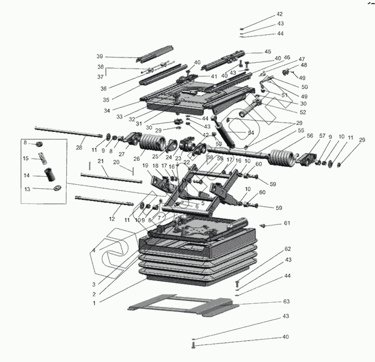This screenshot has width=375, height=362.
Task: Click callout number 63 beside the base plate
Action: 286,302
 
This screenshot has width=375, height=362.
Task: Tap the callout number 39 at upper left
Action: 100,56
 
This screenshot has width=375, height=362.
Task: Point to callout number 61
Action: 286,223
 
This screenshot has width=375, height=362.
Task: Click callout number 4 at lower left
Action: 93,250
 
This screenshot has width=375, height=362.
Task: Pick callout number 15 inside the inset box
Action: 26,159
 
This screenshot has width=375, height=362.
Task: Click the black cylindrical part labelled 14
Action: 49,174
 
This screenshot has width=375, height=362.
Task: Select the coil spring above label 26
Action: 153,142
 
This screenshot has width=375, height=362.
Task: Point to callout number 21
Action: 100,160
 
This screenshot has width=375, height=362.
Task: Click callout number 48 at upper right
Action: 304,65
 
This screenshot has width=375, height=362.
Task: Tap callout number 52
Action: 303,112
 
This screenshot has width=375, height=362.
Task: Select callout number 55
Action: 301,131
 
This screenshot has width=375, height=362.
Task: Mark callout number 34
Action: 107,111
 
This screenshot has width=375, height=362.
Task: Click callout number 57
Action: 322,136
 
